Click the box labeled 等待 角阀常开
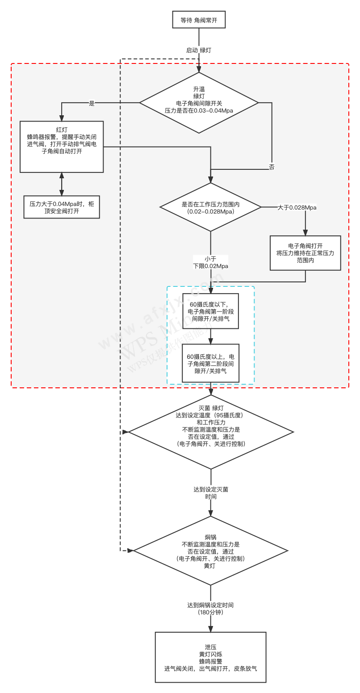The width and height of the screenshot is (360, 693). tap(199, 20)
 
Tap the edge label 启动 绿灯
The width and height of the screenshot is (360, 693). tap(199, 50)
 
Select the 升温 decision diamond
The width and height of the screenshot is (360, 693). tap(199, 103)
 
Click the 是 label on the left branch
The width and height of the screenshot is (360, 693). tap(92, 103)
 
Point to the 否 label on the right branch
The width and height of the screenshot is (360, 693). tap(272, 167)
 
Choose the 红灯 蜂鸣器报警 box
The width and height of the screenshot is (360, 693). tap(62, 147)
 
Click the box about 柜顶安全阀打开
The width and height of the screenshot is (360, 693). tap(62, 207)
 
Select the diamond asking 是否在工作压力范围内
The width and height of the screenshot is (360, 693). tap(211, 207)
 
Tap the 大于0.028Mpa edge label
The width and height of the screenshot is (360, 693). tap(297, 207)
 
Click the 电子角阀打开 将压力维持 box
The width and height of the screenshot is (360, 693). tap(306, 253)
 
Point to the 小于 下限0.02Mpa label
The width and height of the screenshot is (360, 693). tap(210, 262)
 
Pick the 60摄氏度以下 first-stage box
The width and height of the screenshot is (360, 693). tap(210, 311)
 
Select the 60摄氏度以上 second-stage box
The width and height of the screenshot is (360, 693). tap(210, 363)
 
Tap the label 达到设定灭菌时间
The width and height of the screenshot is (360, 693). tap(211, 493)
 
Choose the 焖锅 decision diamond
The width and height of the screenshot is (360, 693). tap(211, 551)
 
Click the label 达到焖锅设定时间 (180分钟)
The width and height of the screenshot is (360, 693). tap(210, 609)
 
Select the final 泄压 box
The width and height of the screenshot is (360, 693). tap(210, 657)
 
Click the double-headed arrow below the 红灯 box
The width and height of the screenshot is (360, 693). tap(62, 184)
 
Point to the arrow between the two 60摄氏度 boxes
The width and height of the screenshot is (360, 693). tap(211, 336)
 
